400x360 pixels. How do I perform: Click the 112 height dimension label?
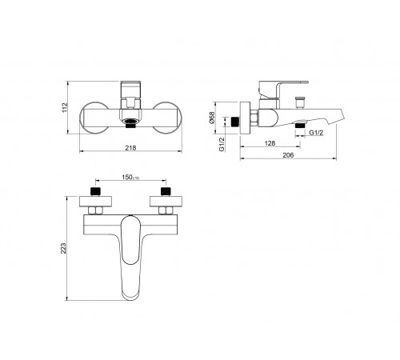tap(66, 107)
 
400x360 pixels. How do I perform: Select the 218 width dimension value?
tap(130, 148)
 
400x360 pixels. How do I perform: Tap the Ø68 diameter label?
tap(212, 118)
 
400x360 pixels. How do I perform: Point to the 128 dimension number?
tap(270, 143)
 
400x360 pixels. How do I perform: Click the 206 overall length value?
tap(288, 155)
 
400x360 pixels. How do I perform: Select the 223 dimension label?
tap(63, 248)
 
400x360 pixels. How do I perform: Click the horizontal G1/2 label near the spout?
tap(316, 133)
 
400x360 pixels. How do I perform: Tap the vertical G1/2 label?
tap(222, 144)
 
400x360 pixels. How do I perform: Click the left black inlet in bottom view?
tap(96, 191)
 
